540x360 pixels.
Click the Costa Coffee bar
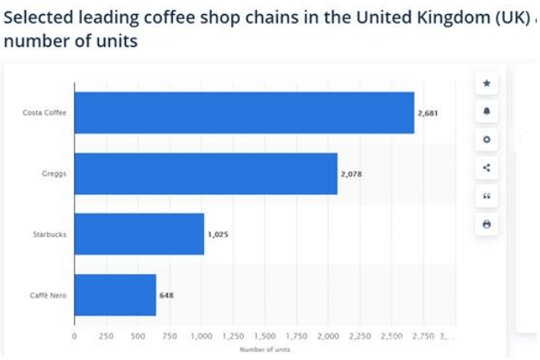click(x=244, y=112)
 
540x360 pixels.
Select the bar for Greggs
click(x=206, y=173)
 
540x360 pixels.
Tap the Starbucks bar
click(x=139, y=234)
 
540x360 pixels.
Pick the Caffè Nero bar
click(x=115, y=294)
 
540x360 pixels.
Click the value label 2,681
click(x=428, y=113)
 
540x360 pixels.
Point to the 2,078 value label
click(x=351, y=174)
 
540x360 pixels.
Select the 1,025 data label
click(x=217, y=235)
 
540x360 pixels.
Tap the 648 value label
click(x=166, y=295)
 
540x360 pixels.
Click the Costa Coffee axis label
click(x=44, y=113)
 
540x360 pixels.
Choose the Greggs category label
click(x=54, y=174)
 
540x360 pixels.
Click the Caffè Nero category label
click(x=48, y=295)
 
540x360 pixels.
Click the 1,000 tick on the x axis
click(x=201, y=335)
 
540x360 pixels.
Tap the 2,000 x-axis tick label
click(x=328, y=335)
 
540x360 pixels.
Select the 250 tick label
click(x=106, y=335)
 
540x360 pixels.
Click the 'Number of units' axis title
click(x=264, y=350)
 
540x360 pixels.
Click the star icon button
click(x=487, y=83)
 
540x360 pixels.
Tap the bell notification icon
click(x=487, y=112)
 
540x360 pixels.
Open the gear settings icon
click(x=487, y=139)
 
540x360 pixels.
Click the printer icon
click(x=487, y=224)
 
